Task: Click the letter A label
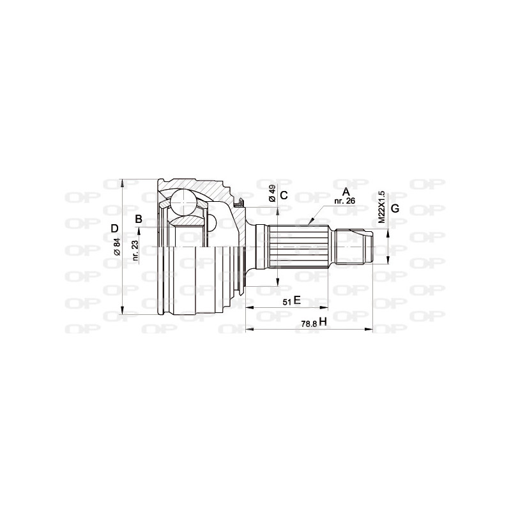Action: (346, 192)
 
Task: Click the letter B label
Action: (138, 220)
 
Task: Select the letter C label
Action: (284, 196)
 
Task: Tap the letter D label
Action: (114, 229)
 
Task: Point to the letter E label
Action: (296, 300)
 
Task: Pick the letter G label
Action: (395, 209)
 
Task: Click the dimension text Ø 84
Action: (117, 246)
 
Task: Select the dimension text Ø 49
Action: (273, 193)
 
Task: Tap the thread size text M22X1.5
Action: (381, 206)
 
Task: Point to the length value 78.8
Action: (309, 324)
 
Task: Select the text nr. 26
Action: (345, 201)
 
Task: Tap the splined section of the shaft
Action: (300, 247)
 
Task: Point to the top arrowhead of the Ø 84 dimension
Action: (121, 179)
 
